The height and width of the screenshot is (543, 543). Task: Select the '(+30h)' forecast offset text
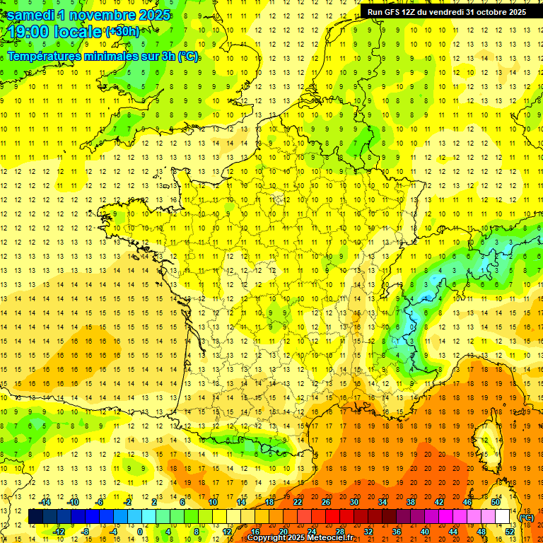pos(122,32)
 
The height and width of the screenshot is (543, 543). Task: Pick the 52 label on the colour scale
pos(510,531)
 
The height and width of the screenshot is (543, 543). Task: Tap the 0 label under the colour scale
pos(139,531)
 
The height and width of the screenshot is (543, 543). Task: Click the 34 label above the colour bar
pos(382,502)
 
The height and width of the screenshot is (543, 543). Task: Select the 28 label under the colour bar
pos(340,531)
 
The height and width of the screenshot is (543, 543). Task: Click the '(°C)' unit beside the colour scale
pos(527,518)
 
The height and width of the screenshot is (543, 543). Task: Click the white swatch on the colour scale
pos(503,517)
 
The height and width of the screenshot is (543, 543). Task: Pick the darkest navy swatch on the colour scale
pos(35,517)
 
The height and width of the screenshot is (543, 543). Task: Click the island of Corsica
pos(486,442)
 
